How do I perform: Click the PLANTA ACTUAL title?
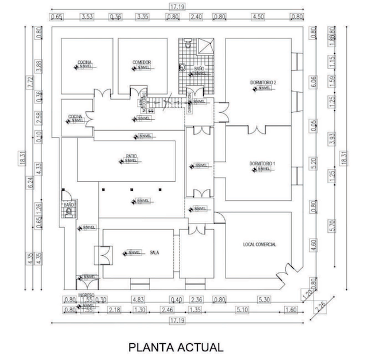click(175, 347)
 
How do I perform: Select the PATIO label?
click(132, 156)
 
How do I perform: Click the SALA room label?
click(154, 252)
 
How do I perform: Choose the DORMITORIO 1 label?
click(262, 164)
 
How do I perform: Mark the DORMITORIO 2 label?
click(263, 83)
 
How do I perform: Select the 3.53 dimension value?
click(87, 17)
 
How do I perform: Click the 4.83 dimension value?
click(138, 300)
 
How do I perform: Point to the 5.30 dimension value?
click(265, 300)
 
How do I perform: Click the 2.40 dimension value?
click(196, 17)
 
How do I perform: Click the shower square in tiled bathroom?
click(207, 46)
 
